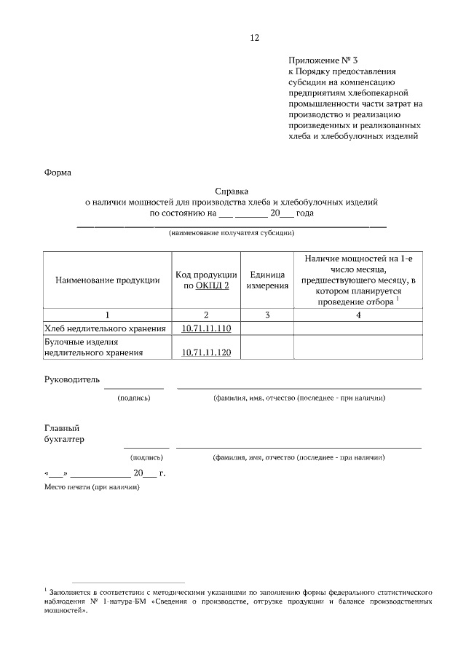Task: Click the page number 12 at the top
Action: coord(254,38)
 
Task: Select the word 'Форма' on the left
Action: coord(58,173)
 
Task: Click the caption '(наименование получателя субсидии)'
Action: coord(232,234)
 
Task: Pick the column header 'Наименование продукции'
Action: coord(107,281)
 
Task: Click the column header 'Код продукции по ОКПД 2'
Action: coord(206,281)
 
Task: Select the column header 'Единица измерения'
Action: coord(266,281)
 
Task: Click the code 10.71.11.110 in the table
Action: coord(206,329)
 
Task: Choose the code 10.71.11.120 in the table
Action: coord(206,352)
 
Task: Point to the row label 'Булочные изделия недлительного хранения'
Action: coord(93,347)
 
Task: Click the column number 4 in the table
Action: coord(358,315)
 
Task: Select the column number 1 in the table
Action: coord(107,315)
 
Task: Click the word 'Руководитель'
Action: coord(72,379)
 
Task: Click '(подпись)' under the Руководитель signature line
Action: coord(133,398)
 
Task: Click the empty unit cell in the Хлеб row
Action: coord(266,329)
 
